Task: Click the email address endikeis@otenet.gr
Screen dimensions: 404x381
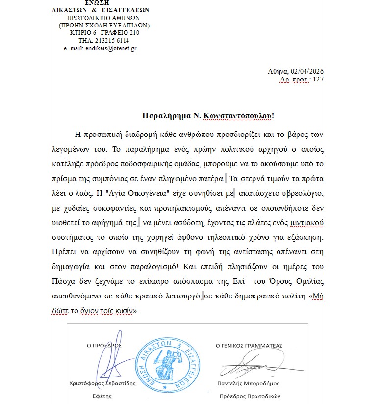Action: pos(111,48)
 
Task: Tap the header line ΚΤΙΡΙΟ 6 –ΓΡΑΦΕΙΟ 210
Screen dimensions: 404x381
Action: pos(104,33)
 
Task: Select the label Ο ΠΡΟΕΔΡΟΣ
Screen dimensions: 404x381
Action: pos(103,346)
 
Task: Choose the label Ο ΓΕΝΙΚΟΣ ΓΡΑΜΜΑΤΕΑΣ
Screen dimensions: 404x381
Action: pos(249,346)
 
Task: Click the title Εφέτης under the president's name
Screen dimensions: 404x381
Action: pos(102,396)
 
